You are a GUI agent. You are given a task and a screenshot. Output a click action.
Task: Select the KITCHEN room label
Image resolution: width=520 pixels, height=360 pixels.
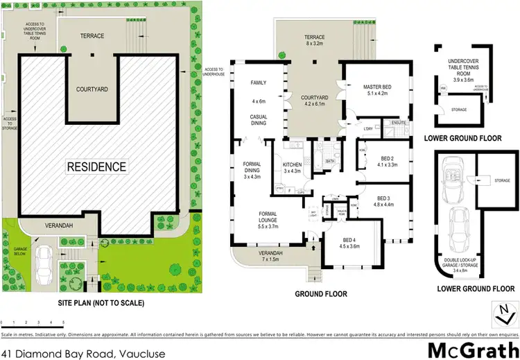point(293,164)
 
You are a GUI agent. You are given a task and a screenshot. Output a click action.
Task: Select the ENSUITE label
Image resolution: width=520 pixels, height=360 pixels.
point(397,123)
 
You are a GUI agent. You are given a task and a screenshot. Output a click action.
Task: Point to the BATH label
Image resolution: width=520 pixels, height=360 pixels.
point(330,161)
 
